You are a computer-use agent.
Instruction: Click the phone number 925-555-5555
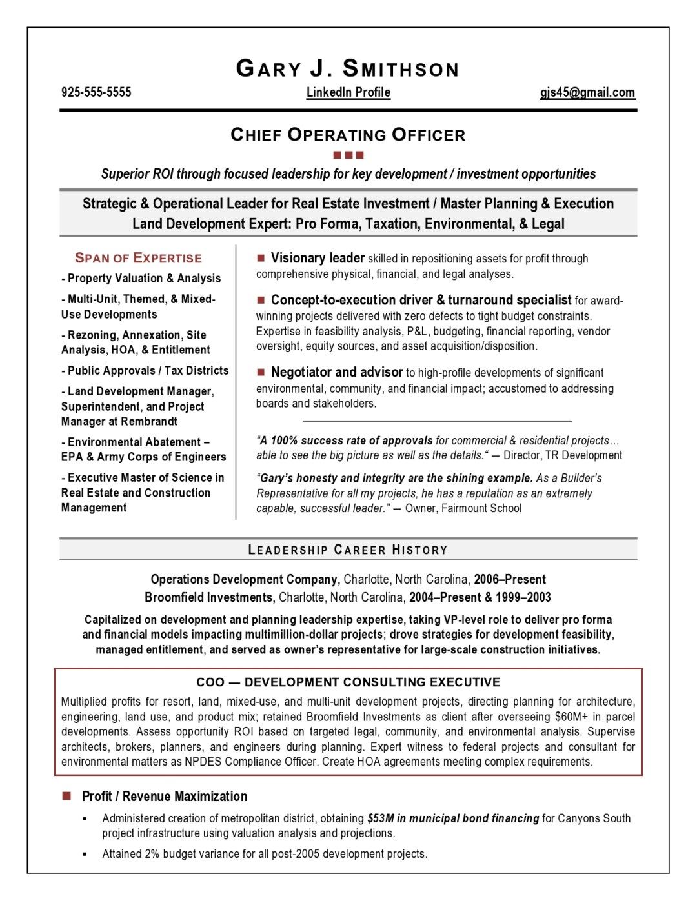(96, 92)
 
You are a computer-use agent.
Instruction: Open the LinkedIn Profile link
(348, 92)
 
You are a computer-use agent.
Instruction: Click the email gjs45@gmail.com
(587, 92)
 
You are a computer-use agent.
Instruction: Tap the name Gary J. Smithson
(348, 68)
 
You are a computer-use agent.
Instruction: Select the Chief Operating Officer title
(348, 135)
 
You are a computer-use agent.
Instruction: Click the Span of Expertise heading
(138, 258)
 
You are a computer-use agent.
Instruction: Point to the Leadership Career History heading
(348, 550)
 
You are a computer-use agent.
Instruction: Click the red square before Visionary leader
(261, 258)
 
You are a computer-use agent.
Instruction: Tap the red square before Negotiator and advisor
(261, 372)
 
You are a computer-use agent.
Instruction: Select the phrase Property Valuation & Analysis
(144, 278)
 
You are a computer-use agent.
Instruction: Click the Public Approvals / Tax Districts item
(148, 370)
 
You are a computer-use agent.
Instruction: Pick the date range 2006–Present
(510, 579)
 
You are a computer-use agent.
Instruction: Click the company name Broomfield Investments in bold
(209, 597)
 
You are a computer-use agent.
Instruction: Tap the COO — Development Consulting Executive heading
(348, 682)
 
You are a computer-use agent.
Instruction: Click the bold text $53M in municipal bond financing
(453, 818)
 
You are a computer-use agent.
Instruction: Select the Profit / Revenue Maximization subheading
(165, 796)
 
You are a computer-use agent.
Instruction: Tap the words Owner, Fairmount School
(463, 508)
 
